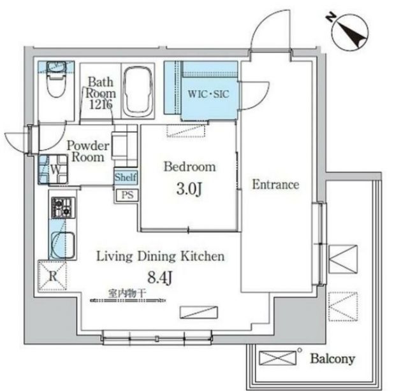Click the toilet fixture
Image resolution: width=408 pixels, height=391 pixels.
coord(56,79)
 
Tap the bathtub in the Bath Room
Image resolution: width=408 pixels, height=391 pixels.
coord(138,92)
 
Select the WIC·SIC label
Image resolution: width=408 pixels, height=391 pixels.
coord(208,94)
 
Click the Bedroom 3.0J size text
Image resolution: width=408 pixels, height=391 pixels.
coord(189,189)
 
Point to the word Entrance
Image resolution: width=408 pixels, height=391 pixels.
coord(275,185)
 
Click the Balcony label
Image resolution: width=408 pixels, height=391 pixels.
coord(333,359)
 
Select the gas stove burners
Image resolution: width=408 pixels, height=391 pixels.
coord(64,208)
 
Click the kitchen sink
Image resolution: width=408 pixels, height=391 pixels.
coord(63,245)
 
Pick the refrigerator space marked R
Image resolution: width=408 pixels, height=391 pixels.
coord(52,276)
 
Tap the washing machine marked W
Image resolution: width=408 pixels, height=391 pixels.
coord(54,169)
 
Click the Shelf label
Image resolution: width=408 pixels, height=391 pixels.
coord(126,177)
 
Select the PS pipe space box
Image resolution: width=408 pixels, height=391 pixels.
coord(127,195)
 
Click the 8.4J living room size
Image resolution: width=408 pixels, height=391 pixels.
coord(160,278)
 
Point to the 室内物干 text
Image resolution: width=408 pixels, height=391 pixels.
coord(127,294)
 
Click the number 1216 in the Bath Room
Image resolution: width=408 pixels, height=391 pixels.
coord(101,104)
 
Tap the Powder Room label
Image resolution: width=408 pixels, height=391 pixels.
coord(88,152)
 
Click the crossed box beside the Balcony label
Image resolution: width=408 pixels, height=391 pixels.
coord(278,358)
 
